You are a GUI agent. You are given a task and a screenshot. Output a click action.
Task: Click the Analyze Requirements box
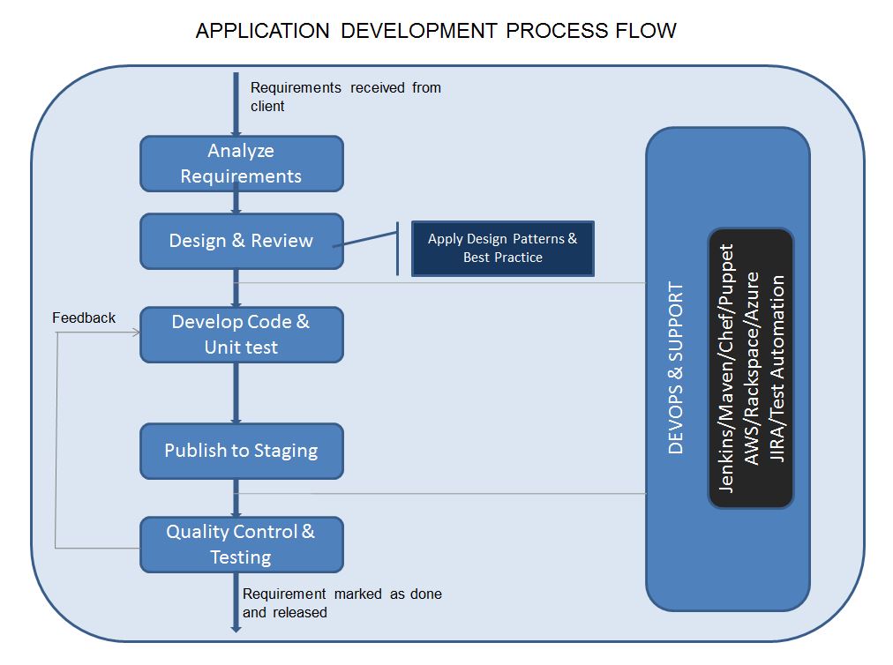[x=241, y=163]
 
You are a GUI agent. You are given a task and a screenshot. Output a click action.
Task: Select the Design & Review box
[x=241, y=241]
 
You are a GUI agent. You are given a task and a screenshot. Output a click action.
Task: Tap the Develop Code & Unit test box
[x=241, y=334]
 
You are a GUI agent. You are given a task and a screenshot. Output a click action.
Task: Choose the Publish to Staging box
[x=241, y=451]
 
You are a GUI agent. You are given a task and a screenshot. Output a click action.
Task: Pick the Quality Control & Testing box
[x=241, y=544]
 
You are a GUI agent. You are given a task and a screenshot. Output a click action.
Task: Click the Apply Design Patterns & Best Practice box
[x=502, y=248]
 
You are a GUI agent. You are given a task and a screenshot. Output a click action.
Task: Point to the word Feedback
[x=84, y=318]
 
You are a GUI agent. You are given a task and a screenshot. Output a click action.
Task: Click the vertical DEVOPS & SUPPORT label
[x=676, y=368]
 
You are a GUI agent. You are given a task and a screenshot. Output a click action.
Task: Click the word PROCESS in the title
[x=554, y=31]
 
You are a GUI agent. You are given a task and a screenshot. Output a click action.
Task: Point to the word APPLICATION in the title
[x=262, y=31]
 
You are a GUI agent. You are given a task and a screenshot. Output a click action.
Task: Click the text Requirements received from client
[x=344, y=96]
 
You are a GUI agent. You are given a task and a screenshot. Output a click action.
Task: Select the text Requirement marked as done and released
[x=341, y=602]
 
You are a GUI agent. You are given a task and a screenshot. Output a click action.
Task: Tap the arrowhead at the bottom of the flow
[x=236, y=627]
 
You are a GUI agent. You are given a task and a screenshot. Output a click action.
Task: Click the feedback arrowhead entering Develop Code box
[x=136, y=333]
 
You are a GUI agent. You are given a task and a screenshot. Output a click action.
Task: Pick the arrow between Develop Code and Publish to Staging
[x=236, y=392]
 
